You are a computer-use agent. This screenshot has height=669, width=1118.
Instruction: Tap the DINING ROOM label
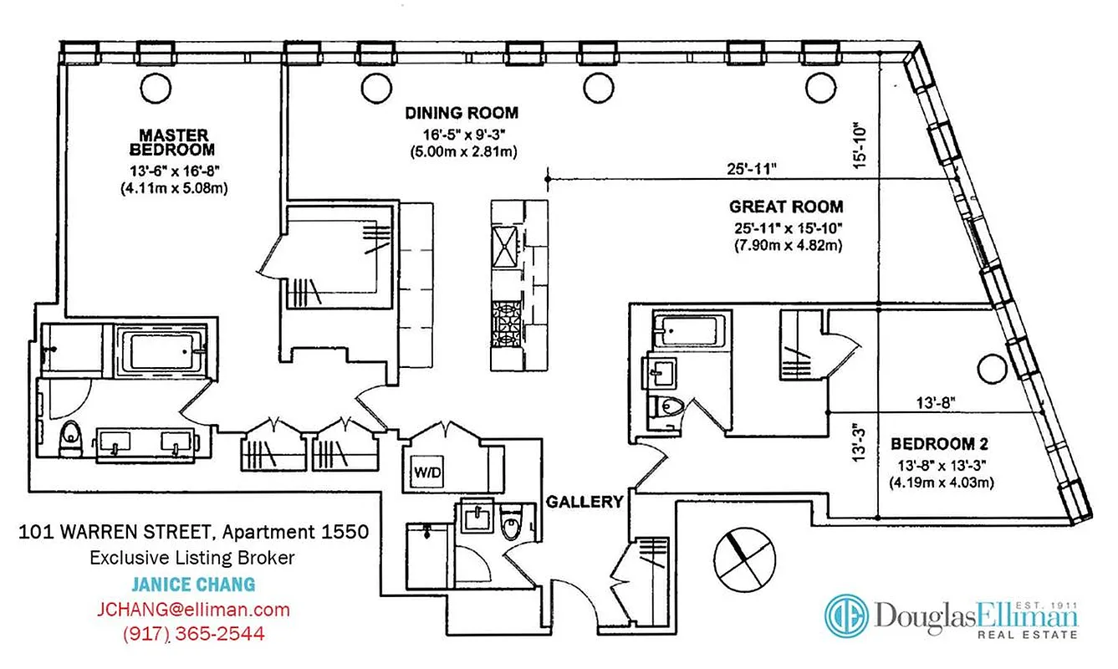click(x=462, y=113)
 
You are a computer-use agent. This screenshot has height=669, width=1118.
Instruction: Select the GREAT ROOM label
click(x=785, y=207)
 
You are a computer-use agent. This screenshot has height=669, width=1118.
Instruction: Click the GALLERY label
click(x=585, y=502)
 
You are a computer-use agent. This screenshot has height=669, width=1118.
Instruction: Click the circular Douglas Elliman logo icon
click(x=846, y=615)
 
